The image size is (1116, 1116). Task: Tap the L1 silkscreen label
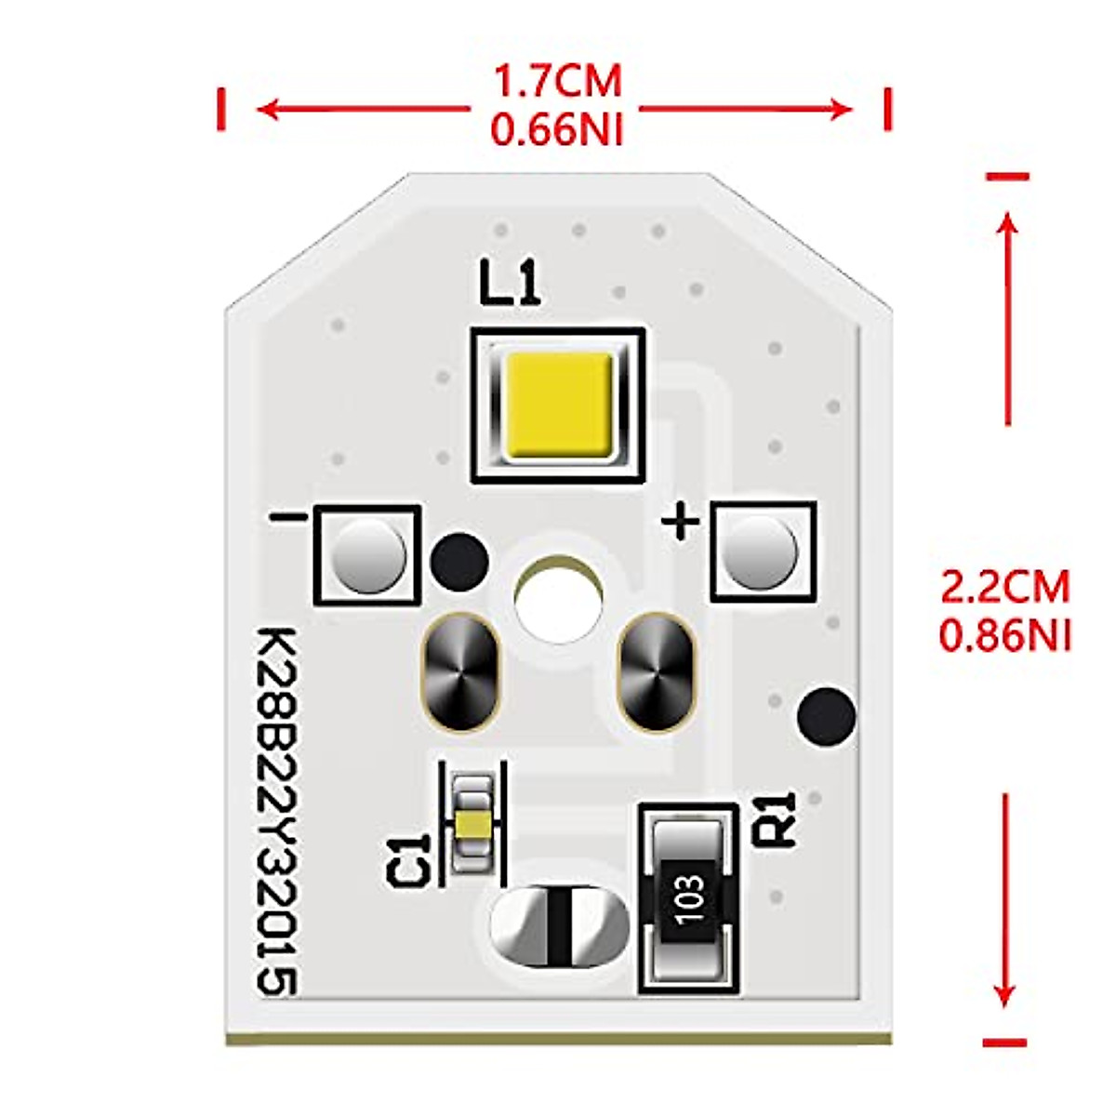[x=510, y=284]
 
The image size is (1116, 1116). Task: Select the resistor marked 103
[x=689, y=898]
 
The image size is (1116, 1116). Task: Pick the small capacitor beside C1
[x=475, y=824]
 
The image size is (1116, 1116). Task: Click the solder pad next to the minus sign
[x=369, y=555]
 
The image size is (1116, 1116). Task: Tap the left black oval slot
[x=461, y=671]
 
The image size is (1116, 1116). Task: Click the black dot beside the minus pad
[x=459, y=562]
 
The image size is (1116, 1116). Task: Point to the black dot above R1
[x=827, y=716]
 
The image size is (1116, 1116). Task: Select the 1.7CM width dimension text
[x=557, y=82]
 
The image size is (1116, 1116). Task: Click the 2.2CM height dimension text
[x=1005, y=588]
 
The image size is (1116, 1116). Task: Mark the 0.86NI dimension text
[x=1005, y=636]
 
